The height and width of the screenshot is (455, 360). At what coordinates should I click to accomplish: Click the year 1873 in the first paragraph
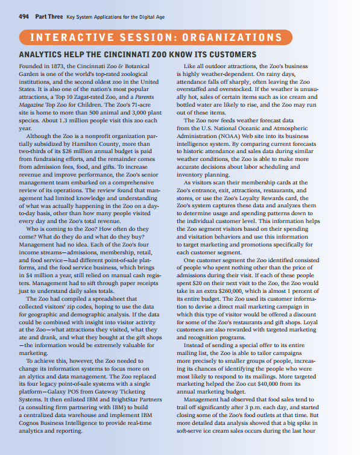(x=57, y=66)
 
